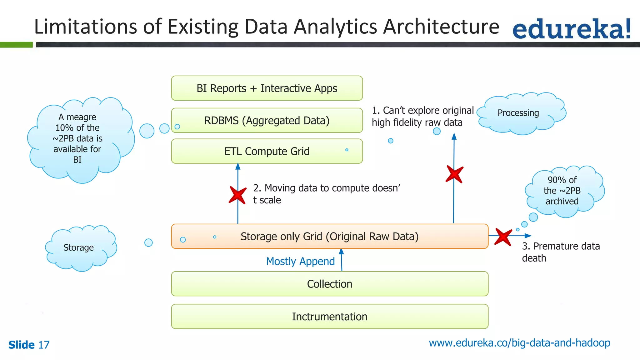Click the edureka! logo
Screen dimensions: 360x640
571,29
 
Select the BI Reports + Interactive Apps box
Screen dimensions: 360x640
267,88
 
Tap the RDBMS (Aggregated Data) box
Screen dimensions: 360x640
267,121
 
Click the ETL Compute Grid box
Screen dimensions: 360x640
267,152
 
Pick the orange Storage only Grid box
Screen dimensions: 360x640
329,237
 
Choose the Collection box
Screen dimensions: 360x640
329,284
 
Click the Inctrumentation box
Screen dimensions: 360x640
329,317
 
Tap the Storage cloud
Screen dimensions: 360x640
79,248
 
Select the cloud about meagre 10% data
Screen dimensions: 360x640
78,139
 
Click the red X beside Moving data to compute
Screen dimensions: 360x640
238,195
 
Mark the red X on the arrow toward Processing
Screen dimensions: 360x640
454,174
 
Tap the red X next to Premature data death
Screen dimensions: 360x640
503,237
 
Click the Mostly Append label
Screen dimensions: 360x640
300,261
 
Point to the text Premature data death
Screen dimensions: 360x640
560,252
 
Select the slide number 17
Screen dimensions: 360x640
44,345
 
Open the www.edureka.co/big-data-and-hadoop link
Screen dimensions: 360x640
519,343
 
